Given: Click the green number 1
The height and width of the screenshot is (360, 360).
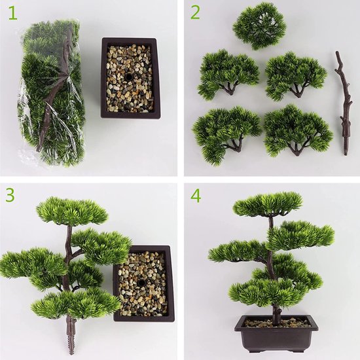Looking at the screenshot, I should click(12, 14).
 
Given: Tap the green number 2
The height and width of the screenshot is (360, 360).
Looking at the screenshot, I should click(195, 13).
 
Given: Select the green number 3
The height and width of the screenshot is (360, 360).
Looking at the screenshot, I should click(11, 196).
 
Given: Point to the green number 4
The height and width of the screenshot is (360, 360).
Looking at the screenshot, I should click(195, 196).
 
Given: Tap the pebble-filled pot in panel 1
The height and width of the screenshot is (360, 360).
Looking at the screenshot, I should click(131, 79).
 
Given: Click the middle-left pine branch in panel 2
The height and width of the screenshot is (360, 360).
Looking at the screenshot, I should click(227, 72).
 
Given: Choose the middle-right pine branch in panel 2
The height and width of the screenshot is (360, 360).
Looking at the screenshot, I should click(296, 73).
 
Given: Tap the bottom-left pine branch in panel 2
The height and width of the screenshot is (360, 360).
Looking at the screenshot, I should click(226, 131).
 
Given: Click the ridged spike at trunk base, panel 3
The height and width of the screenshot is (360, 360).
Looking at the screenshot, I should click(70, 334).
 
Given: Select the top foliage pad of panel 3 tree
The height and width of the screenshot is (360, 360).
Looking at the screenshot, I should click(72, 211).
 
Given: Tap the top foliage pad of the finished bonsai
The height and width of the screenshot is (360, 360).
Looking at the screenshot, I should click(268, 204).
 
